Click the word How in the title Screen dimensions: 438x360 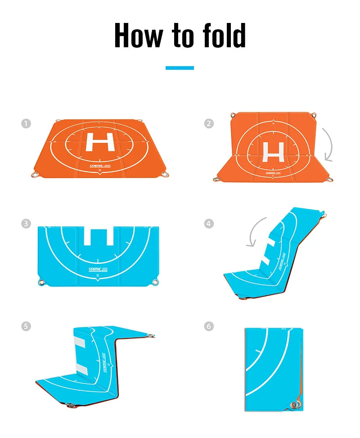pyautogui.click(x=137, y=35)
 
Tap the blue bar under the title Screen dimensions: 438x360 pyautogui.click(x=180, y=68)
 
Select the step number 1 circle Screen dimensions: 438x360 pyautogui.click(x=26, y=123)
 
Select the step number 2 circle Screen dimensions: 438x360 pyautogui.click(x=209, y=123)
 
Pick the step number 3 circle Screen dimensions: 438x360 pyautogui.click(x=26, y=224)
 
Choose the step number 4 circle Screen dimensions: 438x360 pyautogui.click(x=209, y=224)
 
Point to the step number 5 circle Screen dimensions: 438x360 pyautogui.click(x=26, y=326)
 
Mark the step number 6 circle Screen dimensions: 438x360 pyautogui.click(x=209, y=326)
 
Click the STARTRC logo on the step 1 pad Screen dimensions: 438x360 pyautogui.click(x=97, y=166)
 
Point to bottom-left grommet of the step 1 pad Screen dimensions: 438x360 pyautogui.click(x=34, y=175)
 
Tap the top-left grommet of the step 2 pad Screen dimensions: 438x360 pyautogui.click(x=233, y=114)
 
